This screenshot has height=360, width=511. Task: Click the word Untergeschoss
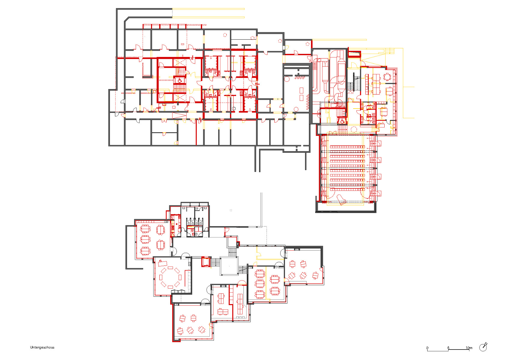pos(42,347)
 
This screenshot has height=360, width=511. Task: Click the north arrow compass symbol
pos(483,347)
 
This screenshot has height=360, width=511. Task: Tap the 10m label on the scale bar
pos(469,348)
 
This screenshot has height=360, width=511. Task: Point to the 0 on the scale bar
pos(427,348)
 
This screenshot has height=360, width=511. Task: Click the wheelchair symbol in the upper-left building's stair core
pos(180,80)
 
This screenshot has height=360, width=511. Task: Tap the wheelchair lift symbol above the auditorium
pos(342,121)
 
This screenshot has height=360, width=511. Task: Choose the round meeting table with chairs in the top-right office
pos(387,76)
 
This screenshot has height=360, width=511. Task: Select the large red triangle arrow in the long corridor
pos(179,115)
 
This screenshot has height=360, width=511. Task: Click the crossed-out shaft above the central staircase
pos(180,63)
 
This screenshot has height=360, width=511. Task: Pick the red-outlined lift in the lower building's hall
pos(205,261)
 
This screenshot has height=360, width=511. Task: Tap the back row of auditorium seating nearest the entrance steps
pos(347,147)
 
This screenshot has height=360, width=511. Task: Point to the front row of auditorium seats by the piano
pos(347,189)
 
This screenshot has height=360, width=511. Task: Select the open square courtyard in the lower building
pos(229,266)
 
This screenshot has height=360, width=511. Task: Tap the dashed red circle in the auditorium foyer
pos(354,129)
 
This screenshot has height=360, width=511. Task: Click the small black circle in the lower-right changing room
pos(234,109)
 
